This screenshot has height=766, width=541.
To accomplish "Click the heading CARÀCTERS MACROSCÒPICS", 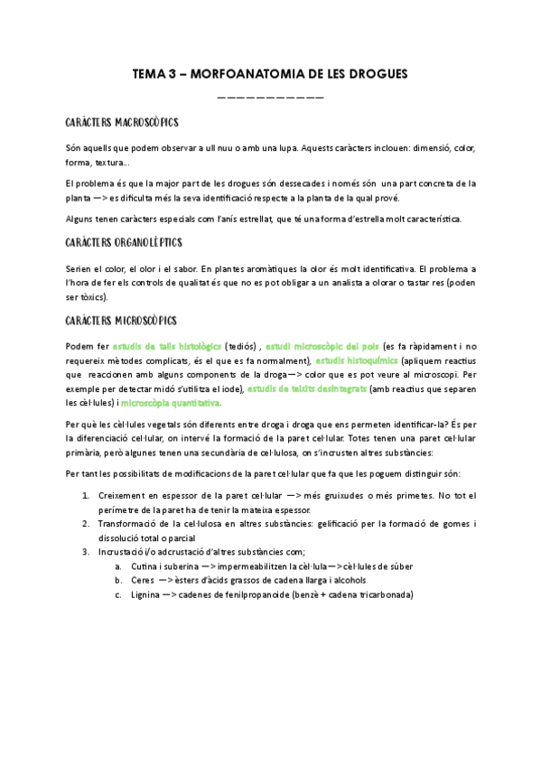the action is (x=122, y=122).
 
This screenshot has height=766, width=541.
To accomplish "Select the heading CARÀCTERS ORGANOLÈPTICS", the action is (x=124, y=244).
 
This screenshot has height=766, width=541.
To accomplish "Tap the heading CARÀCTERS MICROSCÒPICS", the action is (x=122, y=321).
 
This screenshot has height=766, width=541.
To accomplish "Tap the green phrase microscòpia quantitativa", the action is (x=170, y=403).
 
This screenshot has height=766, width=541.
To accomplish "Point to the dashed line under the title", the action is (x=270, y=97).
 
